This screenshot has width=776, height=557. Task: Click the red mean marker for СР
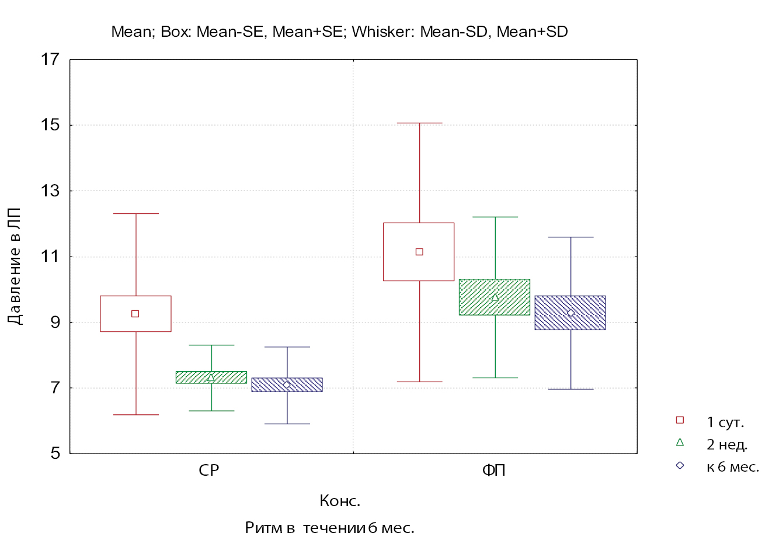coord(135,314)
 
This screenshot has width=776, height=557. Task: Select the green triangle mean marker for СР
coord(211,378)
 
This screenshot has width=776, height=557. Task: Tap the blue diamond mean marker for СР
coord(287,385)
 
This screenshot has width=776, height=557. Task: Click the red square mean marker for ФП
coord(419,252)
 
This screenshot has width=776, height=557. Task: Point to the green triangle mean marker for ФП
coord(495,297)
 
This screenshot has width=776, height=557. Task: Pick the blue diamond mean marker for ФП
coord(570,313)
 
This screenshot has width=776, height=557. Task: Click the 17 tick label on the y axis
coord(50,59)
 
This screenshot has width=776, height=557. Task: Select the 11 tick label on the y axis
coord(50,256)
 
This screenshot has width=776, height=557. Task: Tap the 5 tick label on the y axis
coord(55,453)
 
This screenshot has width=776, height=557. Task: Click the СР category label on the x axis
coord(209,470)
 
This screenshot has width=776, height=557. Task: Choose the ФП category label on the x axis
coord(493,470)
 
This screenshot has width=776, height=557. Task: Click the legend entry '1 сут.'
coord(725,422)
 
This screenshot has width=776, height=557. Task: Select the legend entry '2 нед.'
coord(726,444)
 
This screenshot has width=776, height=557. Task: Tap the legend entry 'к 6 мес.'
coord(732,466)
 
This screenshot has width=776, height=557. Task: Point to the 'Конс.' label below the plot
coord(340,501)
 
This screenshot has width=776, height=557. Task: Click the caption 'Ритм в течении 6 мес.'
coord(329,528)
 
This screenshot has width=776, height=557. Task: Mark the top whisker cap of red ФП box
coord(419,123)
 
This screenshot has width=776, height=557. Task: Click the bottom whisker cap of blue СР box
coord(287,424)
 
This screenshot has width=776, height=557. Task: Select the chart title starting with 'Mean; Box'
coord(339,32)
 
